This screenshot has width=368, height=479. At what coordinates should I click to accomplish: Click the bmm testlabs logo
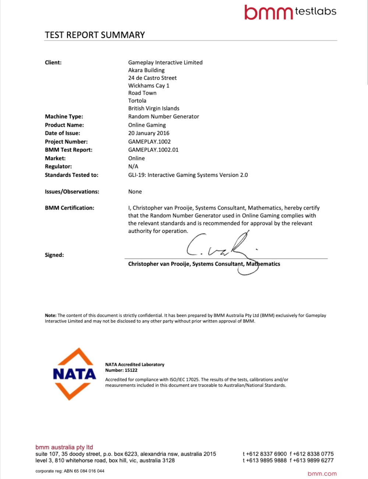point(290,13)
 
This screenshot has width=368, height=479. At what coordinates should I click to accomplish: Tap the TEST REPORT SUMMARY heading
point(95,35)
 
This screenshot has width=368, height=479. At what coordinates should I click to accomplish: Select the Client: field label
point(53,62)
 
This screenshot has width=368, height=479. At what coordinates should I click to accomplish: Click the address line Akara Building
point(146,70)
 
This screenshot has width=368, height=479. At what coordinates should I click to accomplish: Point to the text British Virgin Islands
point(153,108)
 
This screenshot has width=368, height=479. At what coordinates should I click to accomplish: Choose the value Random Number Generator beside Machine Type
point(163,116)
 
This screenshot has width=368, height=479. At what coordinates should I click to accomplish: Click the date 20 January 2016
point(149,133)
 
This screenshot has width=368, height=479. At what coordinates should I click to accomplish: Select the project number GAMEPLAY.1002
point(149,141)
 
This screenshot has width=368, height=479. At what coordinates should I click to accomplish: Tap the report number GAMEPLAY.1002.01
point(153,150)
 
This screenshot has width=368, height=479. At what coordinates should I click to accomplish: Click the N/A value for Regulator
point(133,166)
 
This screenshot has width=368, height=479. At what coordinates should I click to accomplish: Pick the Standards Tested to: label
point(71,175)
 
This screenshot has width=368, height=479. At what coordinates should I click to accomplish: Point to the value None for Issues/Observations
point(135,192)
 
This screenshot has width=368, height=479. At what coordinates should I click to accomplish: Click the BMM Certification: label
point(69,208)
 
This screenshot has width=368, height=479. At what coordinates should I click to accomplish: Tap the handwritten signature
point(221,249)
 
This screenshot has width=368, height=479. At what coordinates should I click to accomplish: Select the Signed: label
point(54,255)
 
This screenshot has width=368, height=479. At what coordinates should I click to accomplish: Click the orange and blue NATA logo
point(74,374)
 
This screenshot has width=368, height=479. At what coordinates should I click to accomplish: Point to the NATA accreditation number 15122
point(131,370)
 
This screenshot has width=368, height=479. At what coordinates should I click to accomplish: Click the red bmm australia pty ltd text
point(64,447)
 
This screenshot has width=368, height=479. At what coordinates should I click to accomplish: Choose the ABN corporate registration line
point(70,471)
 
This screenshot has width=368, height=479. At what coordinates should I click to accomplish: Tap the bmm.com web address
point(322,474)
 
